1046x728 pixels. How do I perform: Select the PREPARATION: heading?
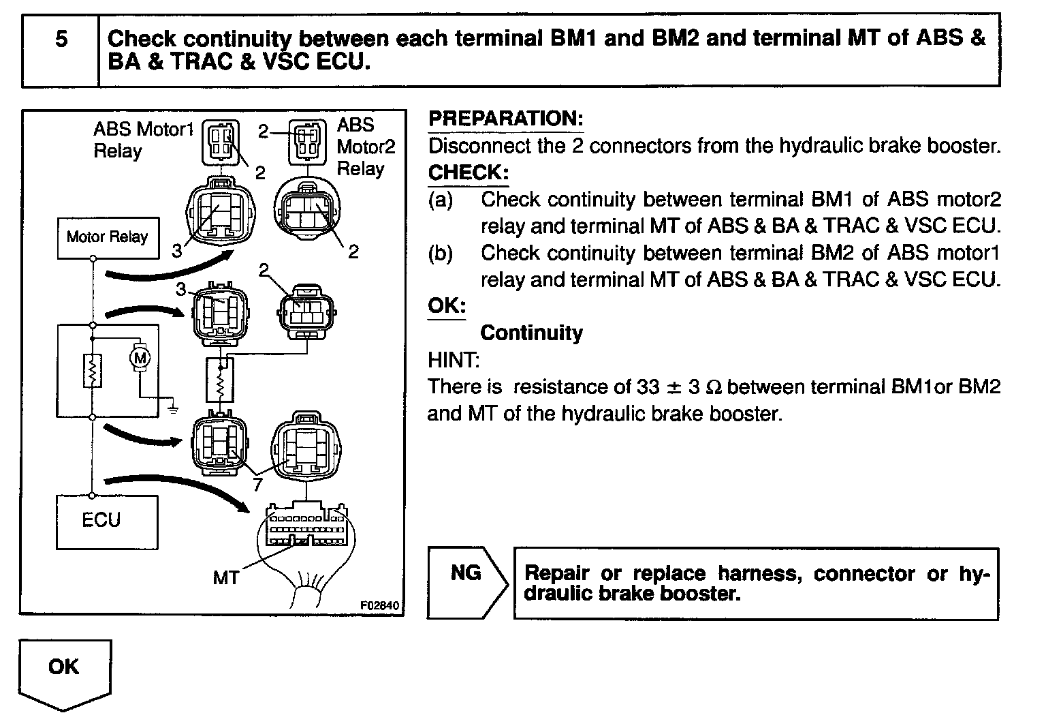[505, 119]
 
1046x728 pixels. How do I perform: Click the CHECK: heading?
[468, 172]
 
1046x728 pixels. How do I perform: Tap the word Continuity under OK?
[531, 333]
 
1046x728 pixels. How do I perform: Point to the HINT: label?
[454, 359]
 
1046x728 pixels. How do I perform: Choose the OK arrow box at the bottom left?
[64, 671]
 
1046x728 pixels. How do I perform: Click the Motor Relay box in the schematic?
[108, 237]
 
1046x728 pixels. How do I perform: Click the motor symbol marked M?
[140, 357]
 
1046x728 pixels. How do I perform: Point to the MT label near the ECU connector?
[225, 578]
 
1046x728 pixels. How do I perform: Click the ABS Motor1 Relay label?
[143, 140]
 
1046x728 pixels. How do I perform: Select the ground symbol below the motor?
[174, 408]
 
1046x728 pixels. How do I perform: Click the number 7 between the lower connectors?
[256, 485]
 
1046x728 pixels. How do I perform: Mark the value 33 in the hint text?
[648, 386]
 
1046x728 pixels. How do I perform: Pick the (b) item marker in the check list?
[440, 253]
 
